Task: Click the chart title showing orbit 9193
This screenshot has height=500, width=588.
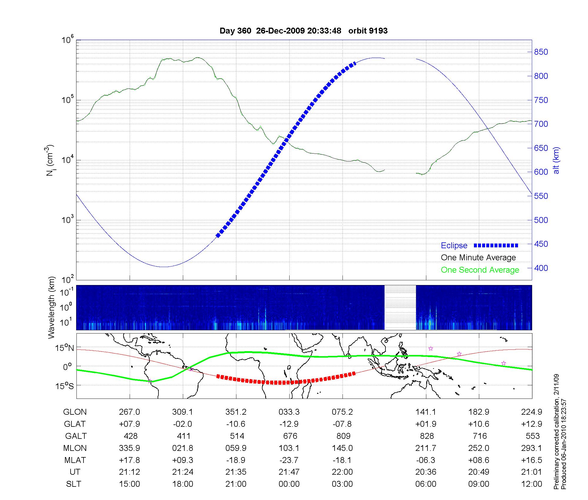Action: [x=303, y=31]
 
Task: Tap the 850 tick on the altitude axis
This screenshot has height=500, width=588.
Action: [x=541, y=52]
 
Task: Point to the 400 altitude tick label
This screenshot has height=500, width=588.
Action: [x=541, y=268]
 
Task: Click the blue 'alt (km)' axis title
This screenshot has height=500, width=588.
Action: [x=556, y=160]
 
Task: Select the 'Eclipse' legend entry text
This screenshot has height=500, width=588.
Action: [x=454, y=246]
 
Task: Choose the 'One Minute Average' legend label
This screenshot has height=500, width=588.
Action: [x=478, y=258]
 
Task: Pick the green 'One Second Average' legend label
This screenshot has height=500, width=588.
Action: [x=480, y=270]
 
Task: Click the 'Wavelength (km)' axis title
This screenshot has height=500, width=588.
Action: [x=52, y=307]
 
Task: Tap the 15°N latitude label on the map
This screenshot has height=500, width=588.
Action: [x=65, y=348]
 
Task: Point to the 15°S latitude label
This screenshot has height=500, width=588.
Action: [x=65, y=386]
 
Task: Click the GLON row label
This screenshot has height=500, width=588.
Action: [x=75, y=412]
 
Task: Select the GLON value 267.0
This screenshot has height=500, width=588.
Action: [x=129, y=412]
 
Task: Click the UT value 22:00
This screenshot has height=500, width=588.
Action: [x=342, y=472]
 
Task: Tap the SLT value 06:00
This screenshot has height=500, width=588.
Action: [x=426, y=484]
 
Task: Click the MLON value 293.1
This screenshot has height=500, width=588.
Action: [x=532, y=448]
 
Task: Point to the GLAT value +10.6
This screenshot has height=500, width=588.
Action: [x=479, y=424]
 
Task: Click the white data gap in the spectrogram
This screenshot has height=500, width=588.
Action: [x=400, y=307]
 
